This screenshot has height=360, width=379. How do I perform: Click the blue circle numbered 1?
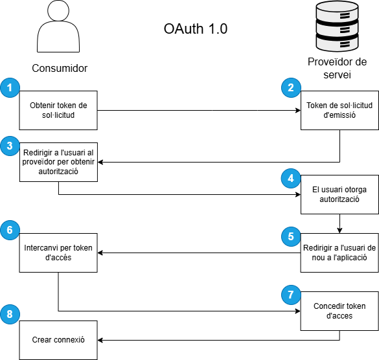point(10,87)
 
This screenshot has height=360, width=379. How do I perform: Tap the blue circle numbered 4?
point(291,178)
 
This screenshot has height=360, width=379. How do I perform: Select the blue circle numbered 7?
point(291,295)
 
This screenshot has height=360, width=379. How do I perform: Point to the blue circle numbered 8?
point(10,314)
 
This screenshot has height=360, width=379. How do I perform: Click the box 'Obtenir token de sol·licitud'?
point(58,111)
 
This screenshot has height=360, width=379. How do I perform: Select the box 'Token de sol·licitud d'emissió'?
point(339,111)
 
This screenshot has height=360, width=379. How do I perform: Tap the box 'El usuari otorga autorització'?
point(339,194)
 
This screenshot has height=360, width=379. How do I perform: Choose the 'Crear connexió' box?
point(58,340)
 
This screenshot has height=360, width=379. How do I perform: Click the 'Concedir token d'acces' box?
point(339,311)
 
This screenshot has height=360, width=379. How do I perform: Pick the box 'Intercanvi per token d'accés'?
point(58,253)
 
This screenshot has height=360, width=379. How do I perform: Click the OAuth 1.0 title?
point(196,28)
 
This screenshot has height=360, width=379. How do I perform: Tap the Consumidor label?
point(60,68)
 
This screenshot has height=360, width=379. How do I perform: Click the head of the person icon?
point(58,10)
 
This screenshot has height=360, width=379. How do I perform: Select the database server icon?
point(337,26)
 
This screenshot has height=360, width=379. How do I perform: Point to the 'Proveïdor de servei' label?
point(337,68)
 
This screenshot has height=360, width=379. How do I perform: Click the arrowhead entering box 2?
point(298,111)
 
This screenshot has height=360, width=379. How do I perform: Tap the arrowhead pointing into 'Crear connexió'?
point(100,340)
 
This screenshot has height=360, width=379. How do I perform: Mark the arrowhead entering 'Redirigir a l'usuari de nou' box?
point(339,231)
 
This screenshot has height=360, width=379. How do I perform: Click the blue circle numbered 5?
point(291,236)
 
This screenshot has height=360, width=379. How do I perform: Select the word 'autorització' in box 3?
point(58,172)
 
